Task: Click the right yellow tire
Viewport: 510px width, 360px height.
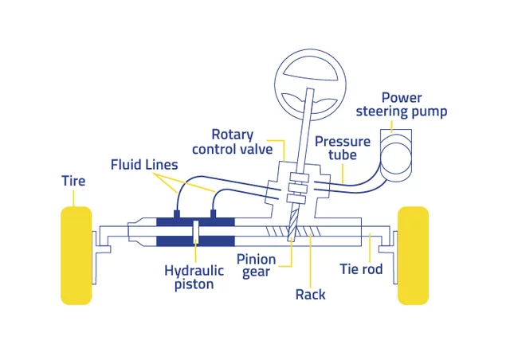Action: tap(413, 255)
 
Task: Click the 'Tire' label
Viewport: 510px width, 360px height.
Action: tap(73, 181)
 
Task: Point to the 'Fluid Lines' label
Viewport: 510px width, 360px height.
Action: tap(144, 165)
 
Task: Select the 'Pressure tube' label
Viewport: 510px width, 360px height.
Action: tap(343, 148)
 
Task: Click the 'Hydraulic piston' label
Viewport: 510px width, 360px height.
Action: tap(194, 276)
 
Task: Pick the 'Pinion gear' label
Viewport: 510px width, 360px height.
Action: tap(257, 266)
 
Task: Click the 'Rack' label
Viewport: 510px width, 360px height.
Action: tap(310, 294)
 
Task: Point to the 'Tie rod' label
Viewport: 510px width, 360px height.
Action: tap(361, 269)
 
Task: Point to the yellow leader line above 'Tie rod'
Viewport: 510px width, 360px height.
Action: tap(369, 246)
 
